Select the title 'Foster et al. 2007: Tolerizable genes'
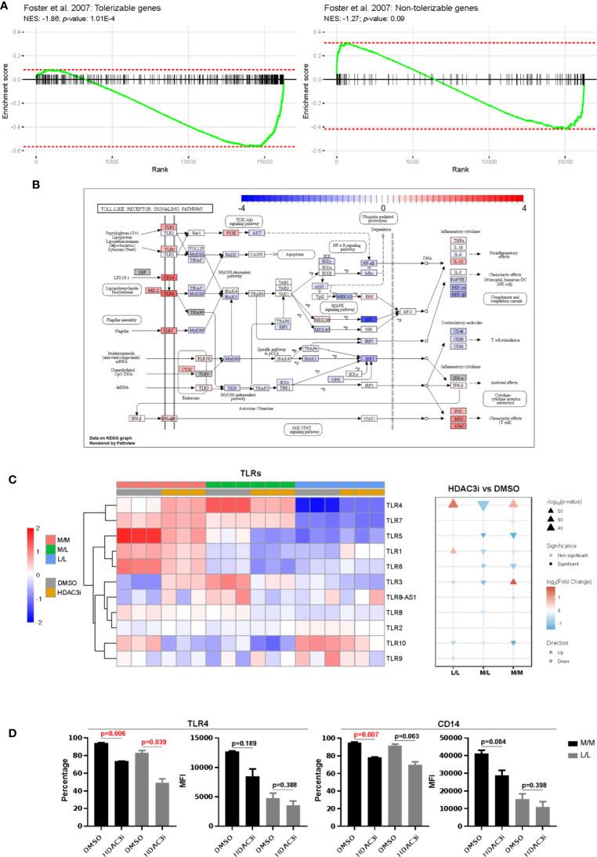tap(81, 6)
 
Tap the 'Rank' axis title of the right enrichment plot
tap(460, 169)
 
